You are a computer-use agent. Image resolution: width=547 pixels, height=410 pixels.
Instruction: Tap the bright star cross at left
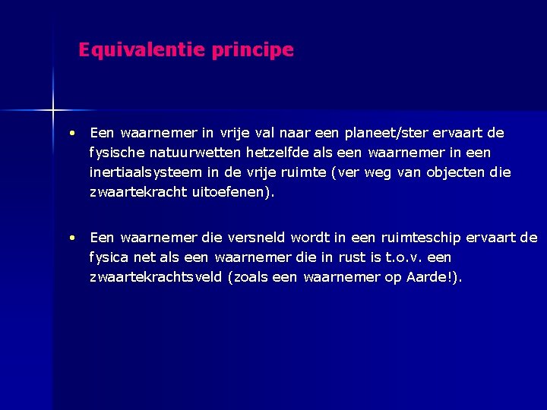click(x=53, y=111)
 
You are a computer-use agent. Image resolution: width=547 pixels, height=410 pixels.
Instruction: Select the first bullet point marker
click(x=70, y=133)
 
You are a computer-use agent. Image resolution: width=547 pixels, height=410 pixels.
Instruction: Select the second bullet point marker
click(x=70, y=238)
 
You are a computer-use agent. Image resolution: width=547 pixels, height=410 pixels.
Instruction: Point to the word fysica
click(x=110, y=257)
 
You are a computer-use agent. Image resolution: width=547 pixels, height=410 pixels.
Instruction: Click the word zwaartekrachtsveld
click(x=155, y=277)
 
